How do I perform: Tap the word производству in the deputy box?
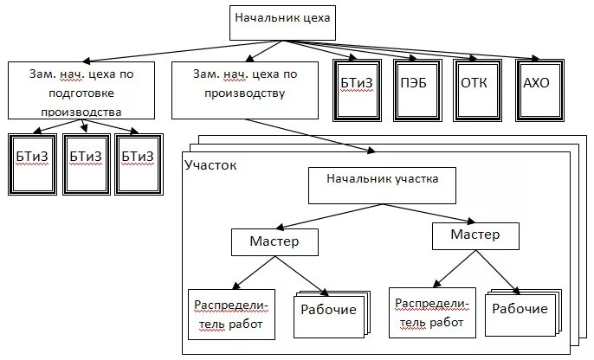(239, 94)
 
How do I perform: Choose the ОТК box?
(478, 83)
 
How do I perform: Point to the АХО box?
(539, 83)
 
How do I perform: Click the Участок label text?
(210, 164)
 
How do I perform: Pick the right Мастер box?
(475, 235)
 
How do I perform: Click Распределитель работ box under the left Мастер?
(232, 313)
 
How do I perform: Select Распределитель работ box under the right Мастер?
(433, 311)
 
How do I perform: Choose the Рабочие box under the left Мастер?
(329, 311)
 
